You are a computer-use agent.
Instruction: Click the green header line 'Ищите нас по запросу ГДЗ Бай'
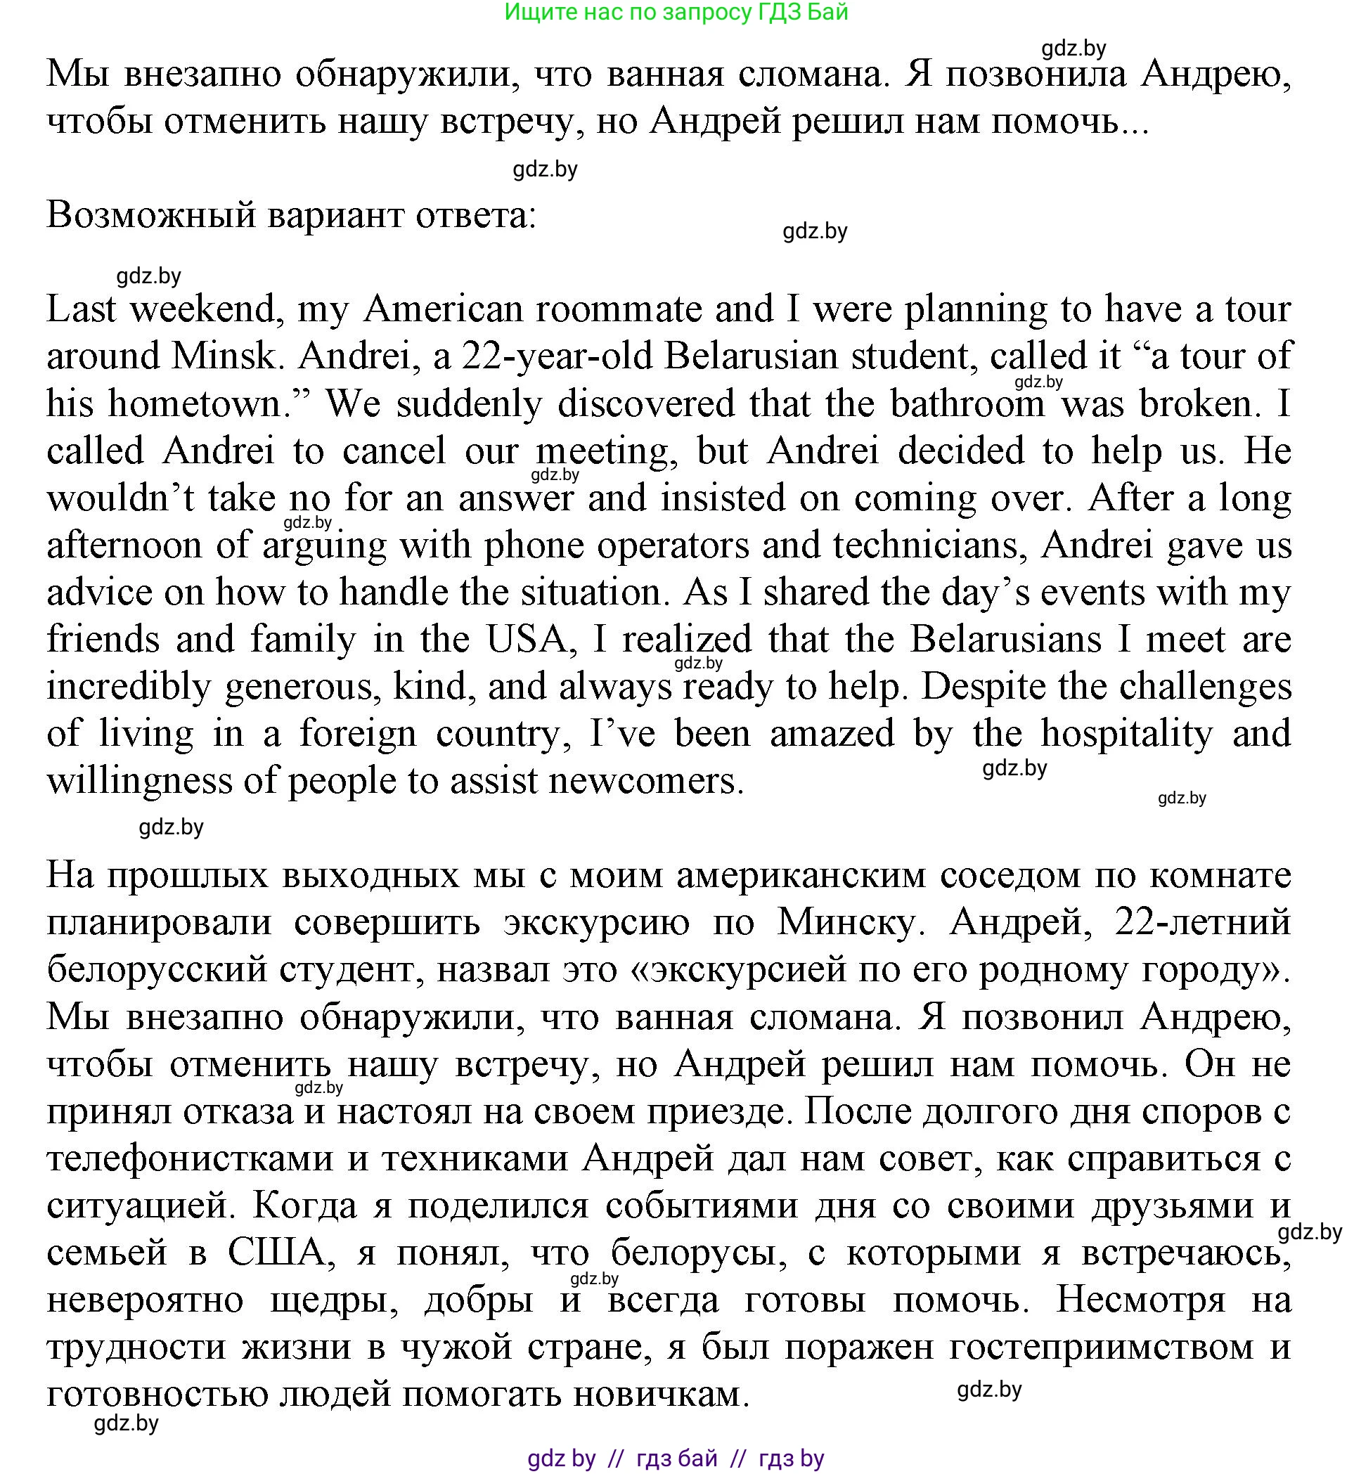676,13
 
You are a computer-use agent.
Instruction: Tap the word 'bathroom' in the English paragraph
967,403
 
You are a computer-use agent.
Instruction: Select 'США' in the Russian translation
276,1253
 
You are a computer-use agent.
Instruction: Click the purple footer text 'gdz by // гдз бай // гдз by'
676,1459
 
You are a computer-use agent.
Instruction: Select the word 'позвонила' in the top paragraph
1036,74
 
